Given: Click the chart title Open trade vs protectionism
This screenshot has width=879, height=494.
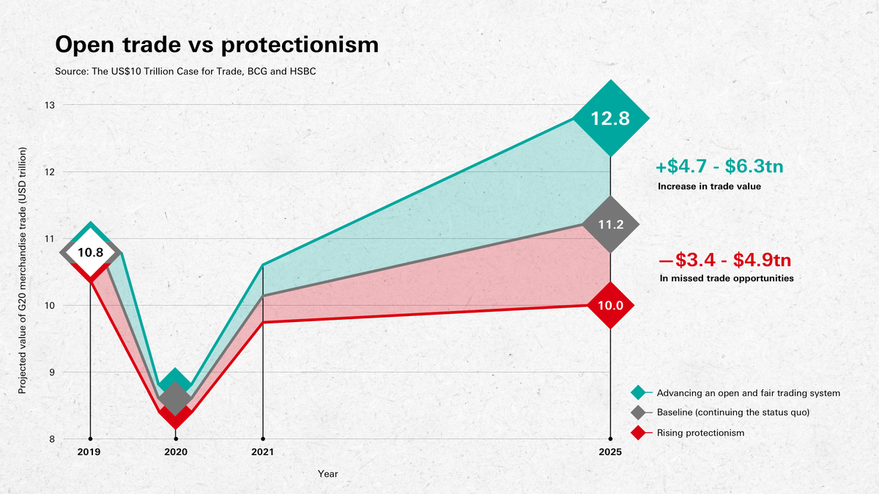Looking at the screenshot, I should [217, 45].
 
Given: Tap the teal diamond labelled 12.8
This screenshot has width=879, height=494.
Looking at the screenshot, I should [610, 119].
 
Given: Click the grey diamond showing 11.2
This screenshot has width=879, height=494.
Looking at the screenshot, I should [610, 225].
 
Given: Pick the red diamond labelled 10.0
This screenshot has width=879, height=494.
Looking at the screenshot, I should [610, 305].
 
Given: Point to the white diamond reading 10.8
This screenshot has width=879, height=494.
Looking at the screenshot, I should [90, 252].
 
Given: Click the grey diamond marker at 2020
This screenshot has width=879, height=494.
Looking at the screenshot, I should [175, 399].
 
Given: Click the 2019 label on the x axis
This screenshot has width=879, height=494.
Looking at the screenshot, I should [90, 452].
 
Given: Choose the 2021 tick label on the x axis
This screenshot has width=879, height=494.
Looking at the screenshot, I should [262, 452].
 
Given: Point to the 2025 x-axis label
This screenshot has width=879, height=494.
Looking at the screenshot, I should [610, 452].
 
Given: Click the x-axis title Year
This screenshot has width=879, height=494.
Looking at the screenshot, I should [327, 474].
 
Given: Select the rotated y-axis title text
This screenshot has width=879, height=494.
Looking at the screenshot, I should [22, 271].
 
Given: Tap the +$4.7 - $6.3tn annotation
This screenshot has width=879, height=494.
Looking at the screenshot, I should [724, 165].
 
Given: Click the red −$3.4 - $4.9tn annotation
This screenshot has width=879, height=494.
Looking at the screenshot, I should [724, 260].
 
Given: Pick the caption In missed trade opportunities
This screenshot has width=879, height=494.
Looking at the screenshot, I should [725, 279].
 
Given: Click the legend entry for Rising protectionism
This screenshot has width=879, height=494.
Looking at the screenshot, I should [700, 433].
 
